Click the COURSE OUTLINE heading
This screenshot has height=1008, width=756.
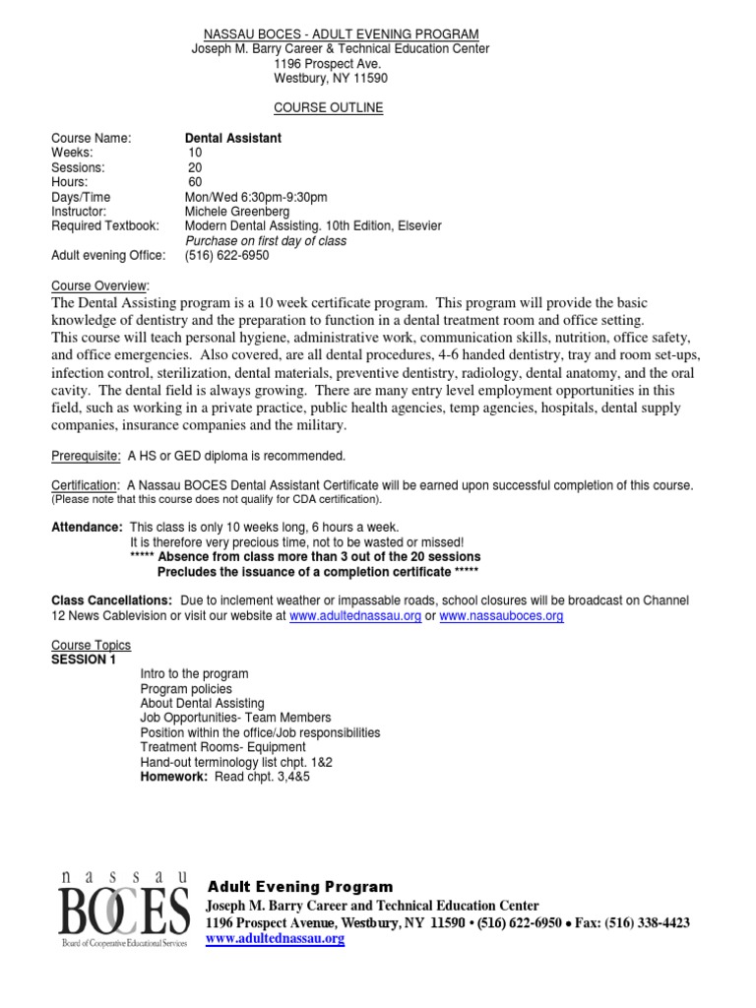pyautogui.click(x=328, y=108)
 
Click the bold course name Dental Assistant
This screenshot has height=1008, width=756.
pyautogui.click(x=233, y=139)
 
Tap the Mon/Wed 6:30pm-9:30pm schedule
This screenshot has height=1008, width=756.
pyautogui.click(x=256, y=197)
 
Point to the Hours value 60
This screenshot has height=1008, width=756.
pyautogui.click(x=195, y=182)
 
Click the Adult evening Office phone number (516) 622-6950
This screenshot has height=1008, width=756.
pyautogui.click(x=226, y=256)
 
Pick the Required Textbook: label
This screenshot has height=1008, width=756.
pyautogui.click(x=107, y=226)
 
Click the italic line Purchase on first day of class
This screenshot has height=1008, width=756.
pyautogui.click(x=266, y=241)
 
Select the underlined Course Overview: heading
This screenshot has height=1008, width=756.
pyautogui.click(x=98, y=285)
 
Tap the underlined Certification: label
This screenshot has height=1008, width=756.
pyautogui.click(x=86, y=485)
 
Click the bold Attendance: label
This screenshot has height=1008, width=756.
pyautogui.click(x=87, y=528)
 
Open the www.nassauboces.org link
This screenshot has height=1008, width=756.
pyautogui.click(x=501, y=616)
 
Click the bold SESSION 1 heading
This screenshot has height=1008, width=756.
pyautogui.click(x=84, y=660)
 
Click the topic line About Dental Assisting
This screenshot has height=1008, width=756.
pyautogui.click(x=202, y=704)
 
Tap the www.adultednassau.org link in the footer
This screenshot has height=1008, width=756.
pyautogui.click(x=275, y=939)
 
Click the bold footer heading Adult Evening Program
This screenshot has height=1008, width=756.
pyautogui.click(x=299, y=887)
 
